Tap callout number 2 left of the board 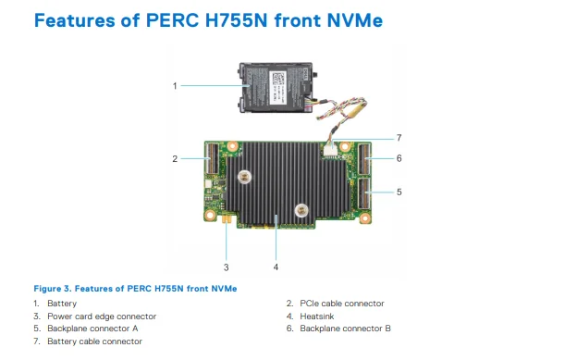click(x=175, y=158)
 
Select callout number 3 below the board click(x=225, y=267)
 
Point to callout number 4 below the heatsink click(x=275, y=267)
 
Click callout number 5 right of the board click(x=399, y=192)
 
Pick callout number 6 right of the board click(x=399, y=158)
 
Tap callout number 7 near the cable click(x=399, y=138)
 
